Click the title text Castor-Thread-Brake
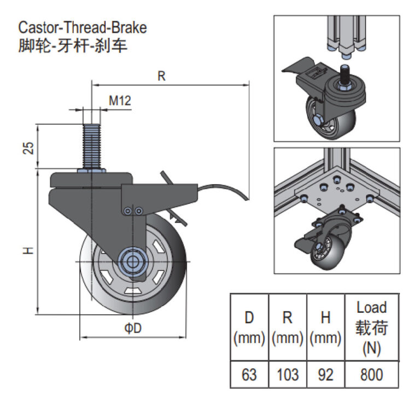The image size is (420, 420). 83,27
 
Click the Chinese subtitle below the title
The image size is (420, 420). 73,45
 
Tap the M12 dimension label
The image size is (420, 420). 119,101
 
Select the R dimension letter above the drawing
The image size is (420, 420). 161,76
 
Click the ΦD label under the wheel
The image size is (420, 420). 133,328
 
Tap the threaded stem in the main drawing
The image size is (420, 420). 92,145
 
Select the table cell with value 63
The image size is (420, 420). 249,375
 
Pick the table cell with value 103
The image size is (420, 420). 287,375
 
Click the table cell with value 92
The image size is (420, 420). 325,375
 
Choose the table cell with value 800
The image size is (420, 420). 371,375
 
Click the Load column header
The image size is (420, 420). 371,328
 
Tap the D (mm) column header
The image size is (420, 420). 249,328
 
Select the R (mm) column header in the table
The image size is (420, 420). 287,328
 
